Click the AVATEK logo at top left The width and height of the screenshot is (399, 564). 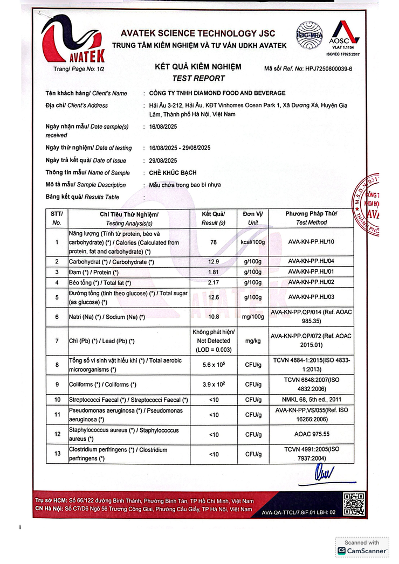(73, 38)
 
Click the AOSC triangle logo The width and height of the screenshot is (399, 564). (345, 33)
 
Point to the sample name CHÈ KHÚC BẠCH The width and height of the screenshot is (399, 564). (173, 173)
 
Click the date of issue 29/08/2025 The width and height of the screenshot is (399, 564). (163, 161)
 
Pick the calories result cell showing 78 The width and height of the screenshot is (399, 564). (214, 242)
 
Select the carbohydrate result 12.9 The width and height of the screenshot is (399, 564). (214, 262)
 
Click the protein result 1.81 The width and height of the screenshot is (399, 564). (214, 272)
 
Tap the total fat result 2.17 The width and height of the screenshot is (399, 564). (214, 282)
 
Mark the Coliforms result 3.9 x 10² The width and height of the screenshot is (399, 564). (214, 385)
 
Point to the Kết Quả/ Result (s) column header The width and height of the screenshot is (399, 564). (214, 218)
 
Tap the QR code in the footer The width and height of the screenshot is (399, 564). (354, 504)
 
